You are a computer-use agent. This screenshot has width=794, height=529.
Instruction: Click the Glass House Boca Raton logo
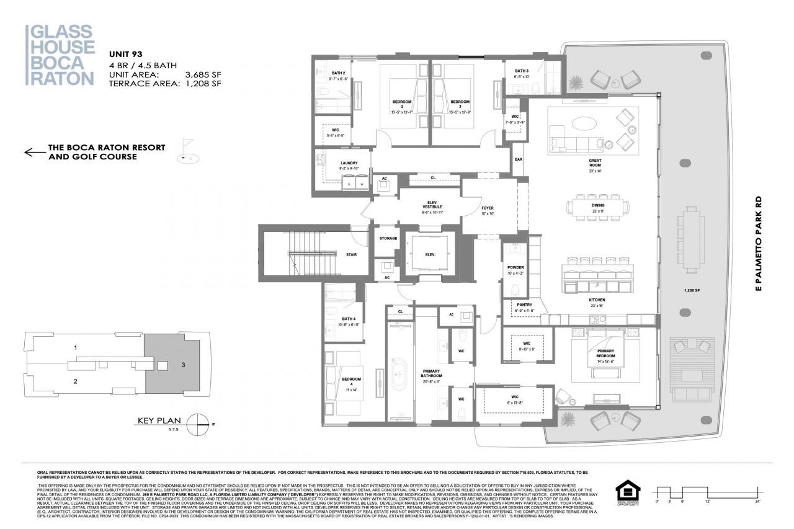(x=60, y=55)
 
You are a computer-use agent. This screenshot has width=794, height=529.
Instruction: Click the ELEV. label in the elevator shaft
(x=430, y=255)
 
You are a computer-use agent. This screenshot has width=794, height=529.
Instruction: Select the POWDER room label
(x=515, y=267)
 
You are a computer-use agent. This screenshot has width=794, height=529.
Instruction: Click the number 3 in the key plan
(x=184, y=365)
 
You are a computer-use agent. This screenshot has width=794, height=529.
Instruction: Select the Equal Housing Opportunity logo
(x=628, y=492)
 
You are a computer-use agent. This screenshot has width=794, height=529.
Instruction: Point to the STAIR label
(x=351, y=254)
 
